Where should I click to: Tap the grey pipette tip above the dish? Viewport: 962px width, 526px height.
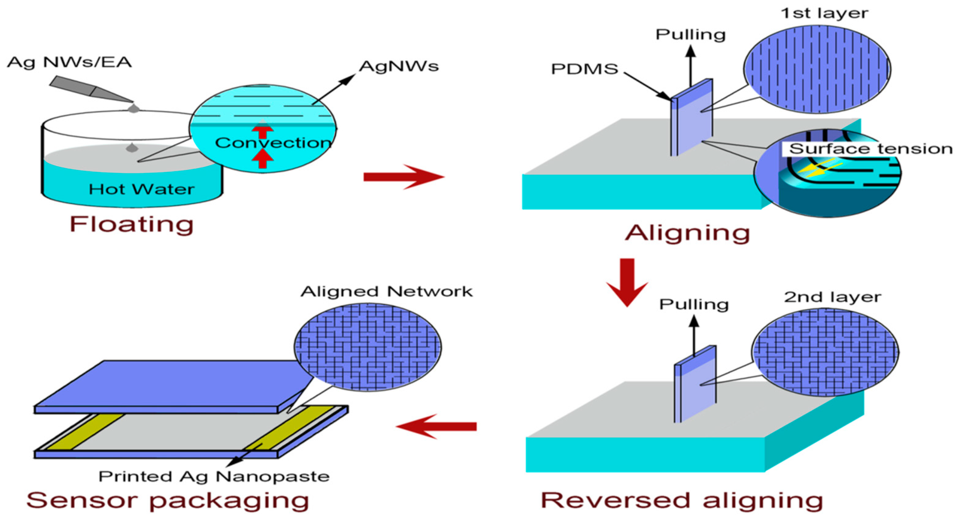click(x=92, y=90)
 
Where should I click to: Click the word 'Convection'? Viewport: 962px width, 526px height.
click(x=272, y=143)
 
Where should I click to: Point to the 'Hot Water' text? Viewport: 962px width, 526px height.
click(x=141, y=189)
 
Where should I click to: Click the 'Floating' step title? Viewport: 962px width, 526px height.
click(x=131, y=225)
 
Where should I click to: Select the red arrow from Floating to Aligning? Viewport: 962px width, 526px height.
click(x=403, y=177)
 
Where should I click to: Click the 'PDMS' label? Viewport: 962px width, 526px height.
click(x=585, y=69)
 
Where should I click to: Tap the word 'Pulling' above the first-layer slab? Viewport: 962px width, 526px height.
click(x=690, y=35)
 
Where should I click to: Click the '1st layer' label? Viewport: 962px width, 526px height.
click(x=824, y=13)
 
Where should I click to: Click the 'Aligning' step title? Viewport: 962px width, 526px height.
click(x=687, y=233)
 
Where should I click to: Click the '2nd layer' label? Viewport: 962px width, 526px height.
click(x=832, y=297)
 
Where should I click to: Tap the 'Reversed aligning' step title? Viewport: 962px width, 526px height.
click(x=682, y=501)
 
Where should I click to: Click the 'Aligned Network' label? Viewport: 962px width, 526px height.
click(x=386, y=292)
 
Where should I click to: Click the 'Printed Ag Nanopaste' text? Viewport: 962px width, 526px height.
click(x=214, y=477)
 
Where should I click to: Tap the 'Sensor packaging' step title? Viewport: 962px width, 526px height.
click(x=168, y=501)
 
